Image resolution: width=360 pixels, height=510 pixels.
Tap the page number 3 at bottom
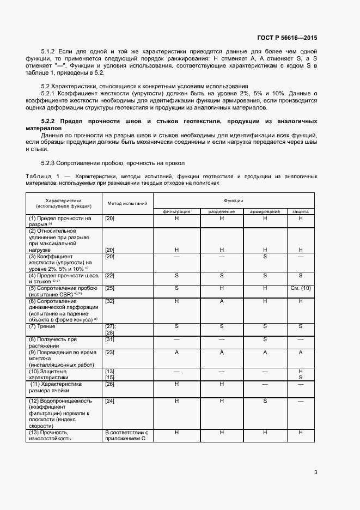click(x=315, y=472)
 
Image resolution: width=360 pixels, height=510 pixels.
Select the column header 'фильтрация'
click(x=177, y=211)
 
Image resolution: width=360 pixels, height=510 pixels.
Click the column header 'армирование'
click(x=265, y=211)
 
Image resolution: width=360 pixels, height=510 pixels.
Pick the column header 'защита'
click(x=300, y=211)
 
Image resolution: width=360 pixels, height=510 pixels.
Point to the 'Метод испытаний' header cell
click(x=127, y=203)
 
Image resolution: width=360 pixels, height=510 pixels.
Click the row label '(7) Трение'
click(x=43, y=326)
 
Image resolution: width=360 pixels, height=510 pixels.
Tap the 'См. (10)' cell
click(x=300, y=288)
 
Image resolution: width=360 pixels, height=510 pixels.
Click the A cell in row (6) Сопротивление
click(x=222, y=301)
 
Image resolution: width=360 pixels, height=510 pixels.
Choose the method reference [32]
click(x=109, y=301)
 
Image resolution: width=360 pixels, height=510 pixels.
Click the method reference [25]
click(x=109, y=288)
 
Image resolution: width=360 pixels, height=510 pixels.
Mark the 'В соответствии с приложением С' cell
click(x=126, y=435)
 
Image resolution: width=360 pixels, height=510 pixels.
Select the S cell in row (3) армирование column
click(x=265, y=256)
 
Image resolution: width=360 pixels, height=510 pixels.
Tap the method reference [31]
click(x=109, y=339)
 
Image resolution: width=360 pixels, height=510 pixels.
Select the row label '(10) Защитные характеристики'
click(x=48, y=373)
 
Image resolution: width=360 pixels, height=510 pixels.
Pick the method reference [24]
click(x=109, y=401)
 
